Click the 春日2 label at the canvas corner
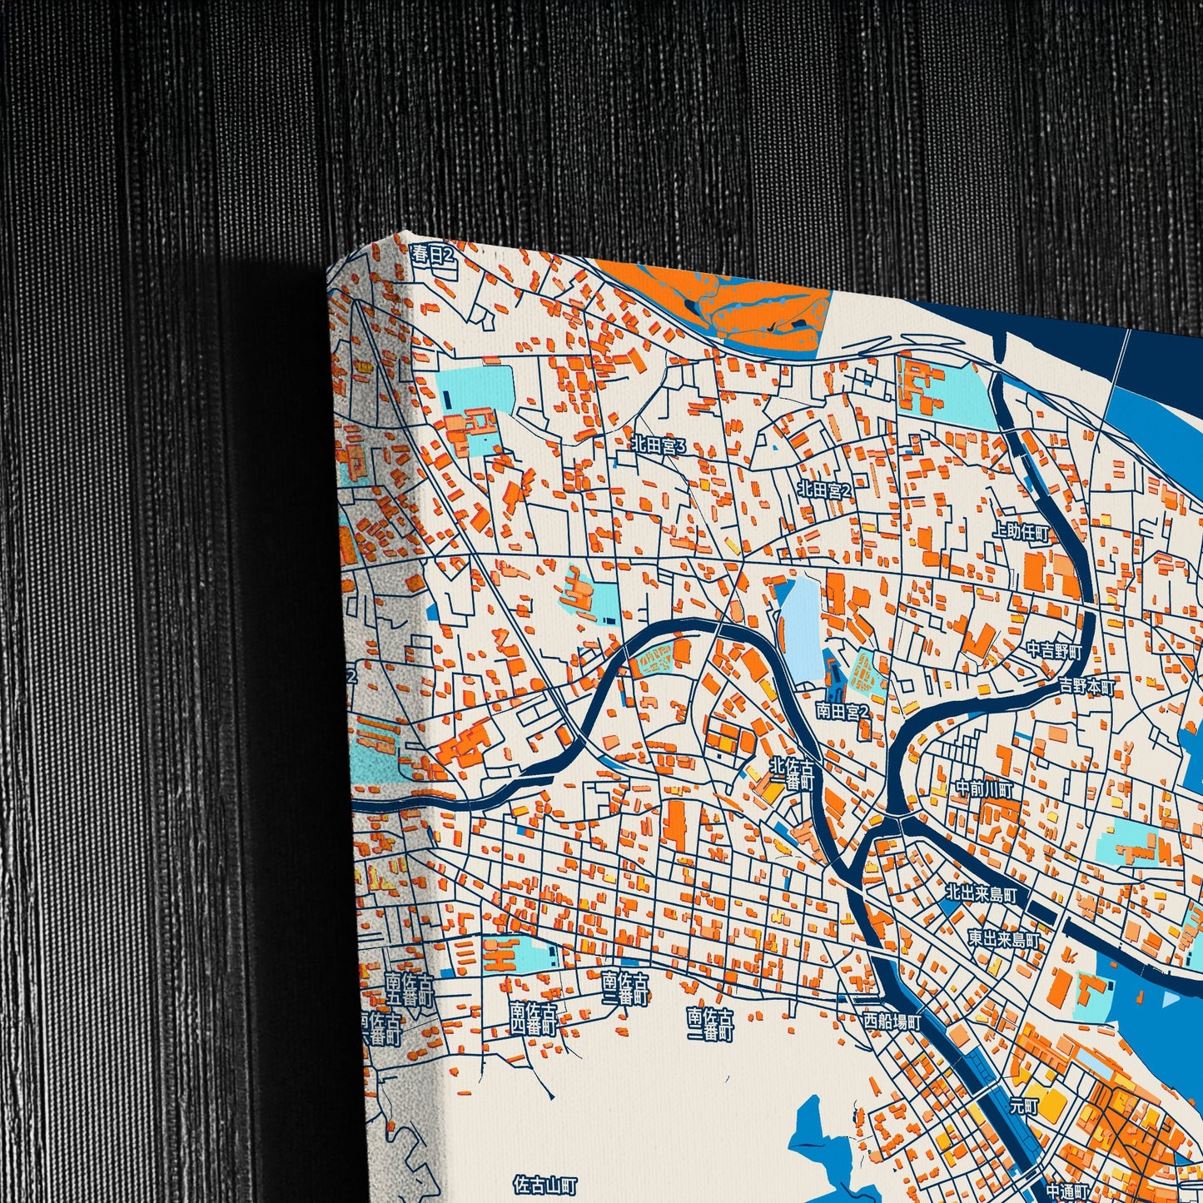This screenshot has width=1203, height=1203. coord(433,256)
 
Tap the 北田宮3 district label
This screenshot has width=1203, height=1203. coord(658,445)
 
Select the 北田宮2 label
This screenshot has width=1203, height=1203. coord(824,490)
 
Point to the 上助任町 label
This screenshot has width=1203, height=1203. coord(1021,532)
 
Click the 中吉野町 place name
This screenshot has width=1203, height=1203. coord(1053,650)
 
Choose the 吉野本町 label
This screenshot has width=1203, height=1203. coord(1086,686)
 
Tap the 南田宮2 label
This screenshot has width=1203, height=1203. coord(842,711)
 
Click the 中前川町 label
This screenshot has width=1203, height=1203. coord(985,788)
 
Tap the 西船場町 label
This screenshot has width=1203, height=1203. coord(892,1021)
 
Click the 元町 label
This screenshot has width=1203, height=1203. coord(1024,1106)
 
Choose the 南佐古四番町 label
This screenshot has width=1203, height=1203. coord(534,1017)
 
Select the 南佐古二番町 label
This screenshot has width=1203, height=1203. coord(710,1024)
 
